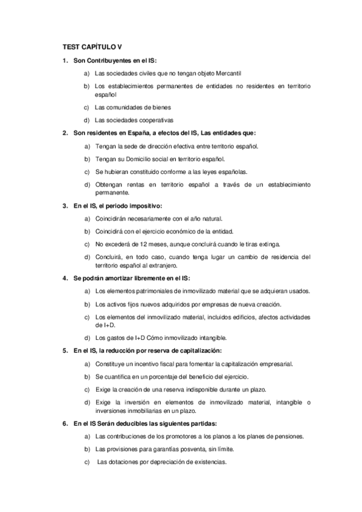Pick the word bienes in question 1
click(149, 107)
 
